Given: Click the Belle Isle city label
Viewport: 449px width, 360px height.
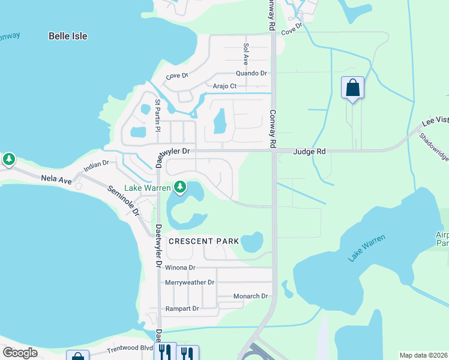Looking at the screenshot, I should [x=68, y=36].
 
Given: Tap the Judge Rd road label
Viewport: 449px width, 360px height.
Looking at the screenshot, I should [x=309, y=152].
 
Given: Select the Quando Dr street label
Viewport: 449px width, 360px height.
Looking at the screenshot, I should [x=251, y=73].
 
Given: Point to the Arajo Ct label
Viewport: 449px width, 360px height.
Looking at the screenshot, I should [x=225, y=86].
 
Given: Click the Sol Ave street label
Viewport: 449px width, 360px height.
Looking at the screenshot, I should [x=246, y=54].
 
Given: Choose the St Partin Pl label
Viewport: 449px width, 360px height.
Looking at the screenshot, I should [x=158, y=115].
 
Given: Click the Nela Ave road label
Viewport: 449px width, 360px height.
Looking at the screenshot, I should [x=56, y=178].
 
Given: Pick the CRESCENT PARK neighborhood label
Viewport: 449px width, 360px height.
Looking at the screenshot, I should [x=203, y=241].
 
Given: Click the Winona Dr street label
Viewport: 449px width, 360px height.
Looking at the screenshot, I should [x=180, y=268].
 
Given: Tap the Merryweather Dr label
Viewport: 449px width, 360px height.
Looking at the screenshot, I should [x=190, y=282].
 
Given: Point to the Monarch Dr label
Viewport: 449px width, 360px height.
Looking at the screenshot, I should [x=250, y=296].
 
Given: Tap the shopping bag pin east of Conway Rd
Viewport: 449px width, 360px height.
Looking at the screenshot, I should [x=352, y=89].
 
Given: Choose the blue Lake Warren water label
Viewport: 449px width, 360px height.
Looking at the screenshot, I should [x=367, y=248].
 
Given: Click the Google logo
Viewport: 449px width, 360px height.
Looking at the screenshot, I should [x=20, y=353].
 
